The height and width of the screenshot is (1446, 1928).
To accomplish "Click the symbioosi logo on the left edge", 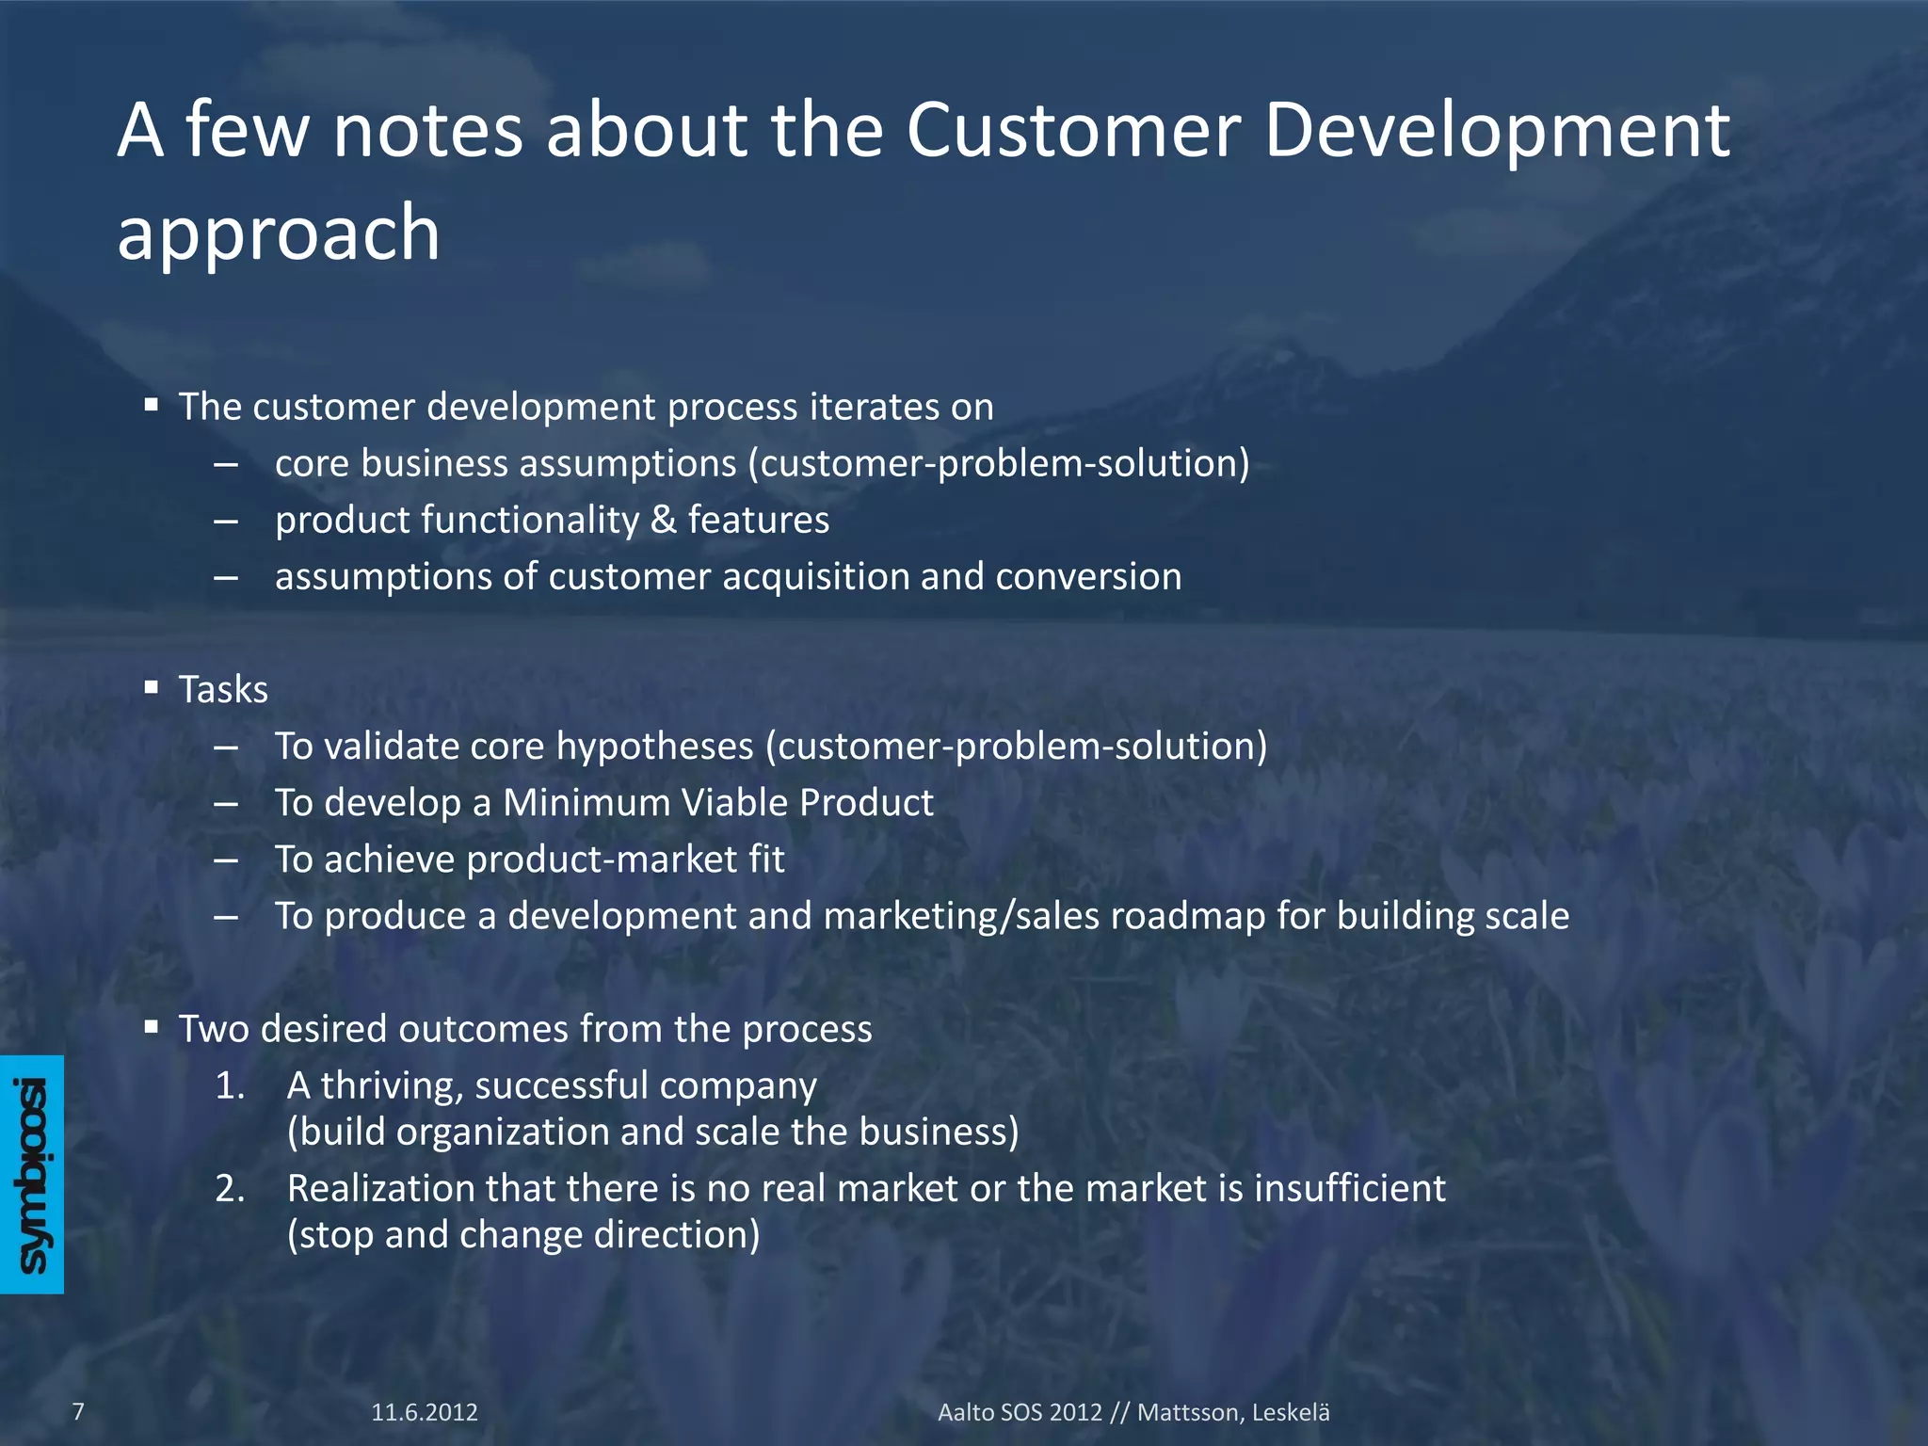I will coord(32,1174).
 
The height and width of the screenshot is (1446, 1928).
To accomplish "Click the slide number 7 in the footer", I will coord(79,1411).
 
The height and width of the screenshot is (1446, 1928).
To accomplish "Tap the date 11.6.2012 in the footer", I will coord(425,1412).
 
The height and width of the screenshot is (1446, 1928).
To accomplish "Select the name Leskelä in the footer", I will coord(1291,1412).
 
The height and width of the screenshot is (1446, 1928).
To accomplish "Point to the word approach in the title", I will coord(279,233).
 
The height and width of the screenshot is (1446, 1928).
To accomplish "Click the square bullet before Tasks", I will coord(152,688).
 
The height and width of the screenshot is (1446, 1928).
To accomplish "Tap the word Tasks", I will coord(224,690).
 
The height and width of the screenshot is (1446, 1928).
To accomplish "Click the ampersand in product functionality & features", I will coord(664,521).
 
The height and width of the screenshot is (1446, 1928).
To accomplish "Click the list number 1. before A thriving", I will coord(230,1086).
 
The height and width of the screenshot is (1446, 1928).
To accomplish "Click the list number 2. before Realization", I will coord(230,1189).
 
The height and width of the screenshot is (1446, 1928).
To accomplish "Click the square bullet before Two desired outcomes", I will coord(152,1027).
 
